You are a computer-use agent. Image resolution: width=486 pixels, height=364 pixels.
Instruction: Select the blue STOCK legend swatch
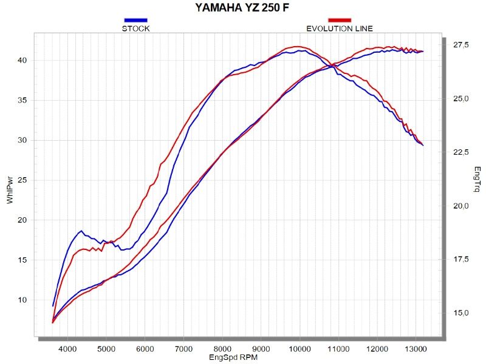[x=135, y=20]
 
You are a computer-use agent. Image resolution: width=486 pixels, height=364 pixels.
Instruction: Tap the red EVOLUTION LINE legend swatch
[x=340, y=20]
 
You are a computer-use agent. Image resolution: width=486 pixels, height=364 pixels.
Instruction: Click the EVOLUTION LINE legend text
[x=340, y=28]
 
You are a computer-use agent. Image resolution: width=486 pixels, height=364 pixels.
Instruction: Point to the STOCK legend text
[x=135, y=28]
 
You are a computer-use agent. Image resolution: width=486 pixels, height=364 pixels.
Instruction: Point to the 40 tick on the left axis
[x=22, y=61]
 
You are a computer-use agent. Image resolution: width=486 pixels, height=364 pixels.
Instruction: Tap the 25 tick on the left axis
[x=22, y=180]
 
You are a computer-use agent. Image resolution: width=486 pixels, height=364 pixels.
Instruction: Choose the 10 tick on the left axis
[x=22, y=300]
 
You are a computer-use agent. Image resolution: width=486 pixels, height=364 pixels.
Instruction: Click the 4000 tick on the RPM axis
[x=67, y=349]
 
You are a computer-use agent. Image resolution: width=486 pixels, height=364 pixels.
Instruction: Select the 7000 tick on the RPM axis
[x=183, y=349]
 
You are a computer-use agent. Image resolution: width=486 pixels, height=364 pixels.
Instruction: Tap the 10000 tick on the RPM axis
[x=299, y=349]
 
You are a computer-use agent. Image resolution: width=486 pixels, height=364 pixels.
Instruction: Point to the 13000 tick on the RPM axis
[x=416, y=349]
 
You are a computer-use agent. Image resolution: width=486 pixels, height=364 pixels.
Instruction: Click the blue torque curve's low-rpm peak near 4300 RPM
[x=81, y=231]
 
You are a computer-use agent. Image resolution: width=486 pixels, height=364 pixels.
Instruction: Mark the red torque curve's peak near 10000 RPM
[x=296, y=46]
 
